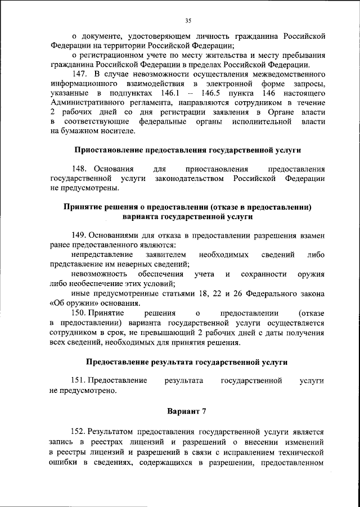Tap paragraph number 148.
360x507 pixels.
click(80, 169)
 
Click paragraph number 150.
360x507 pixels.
click(80, 313)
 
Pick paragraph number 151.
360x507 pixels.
click(80, 381)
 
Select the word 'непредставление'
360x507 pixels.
click(103, 255)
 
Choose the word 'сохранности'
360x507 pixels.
click(266, 274)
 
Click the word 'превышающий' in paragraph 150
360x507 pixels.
click(168, 333)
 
